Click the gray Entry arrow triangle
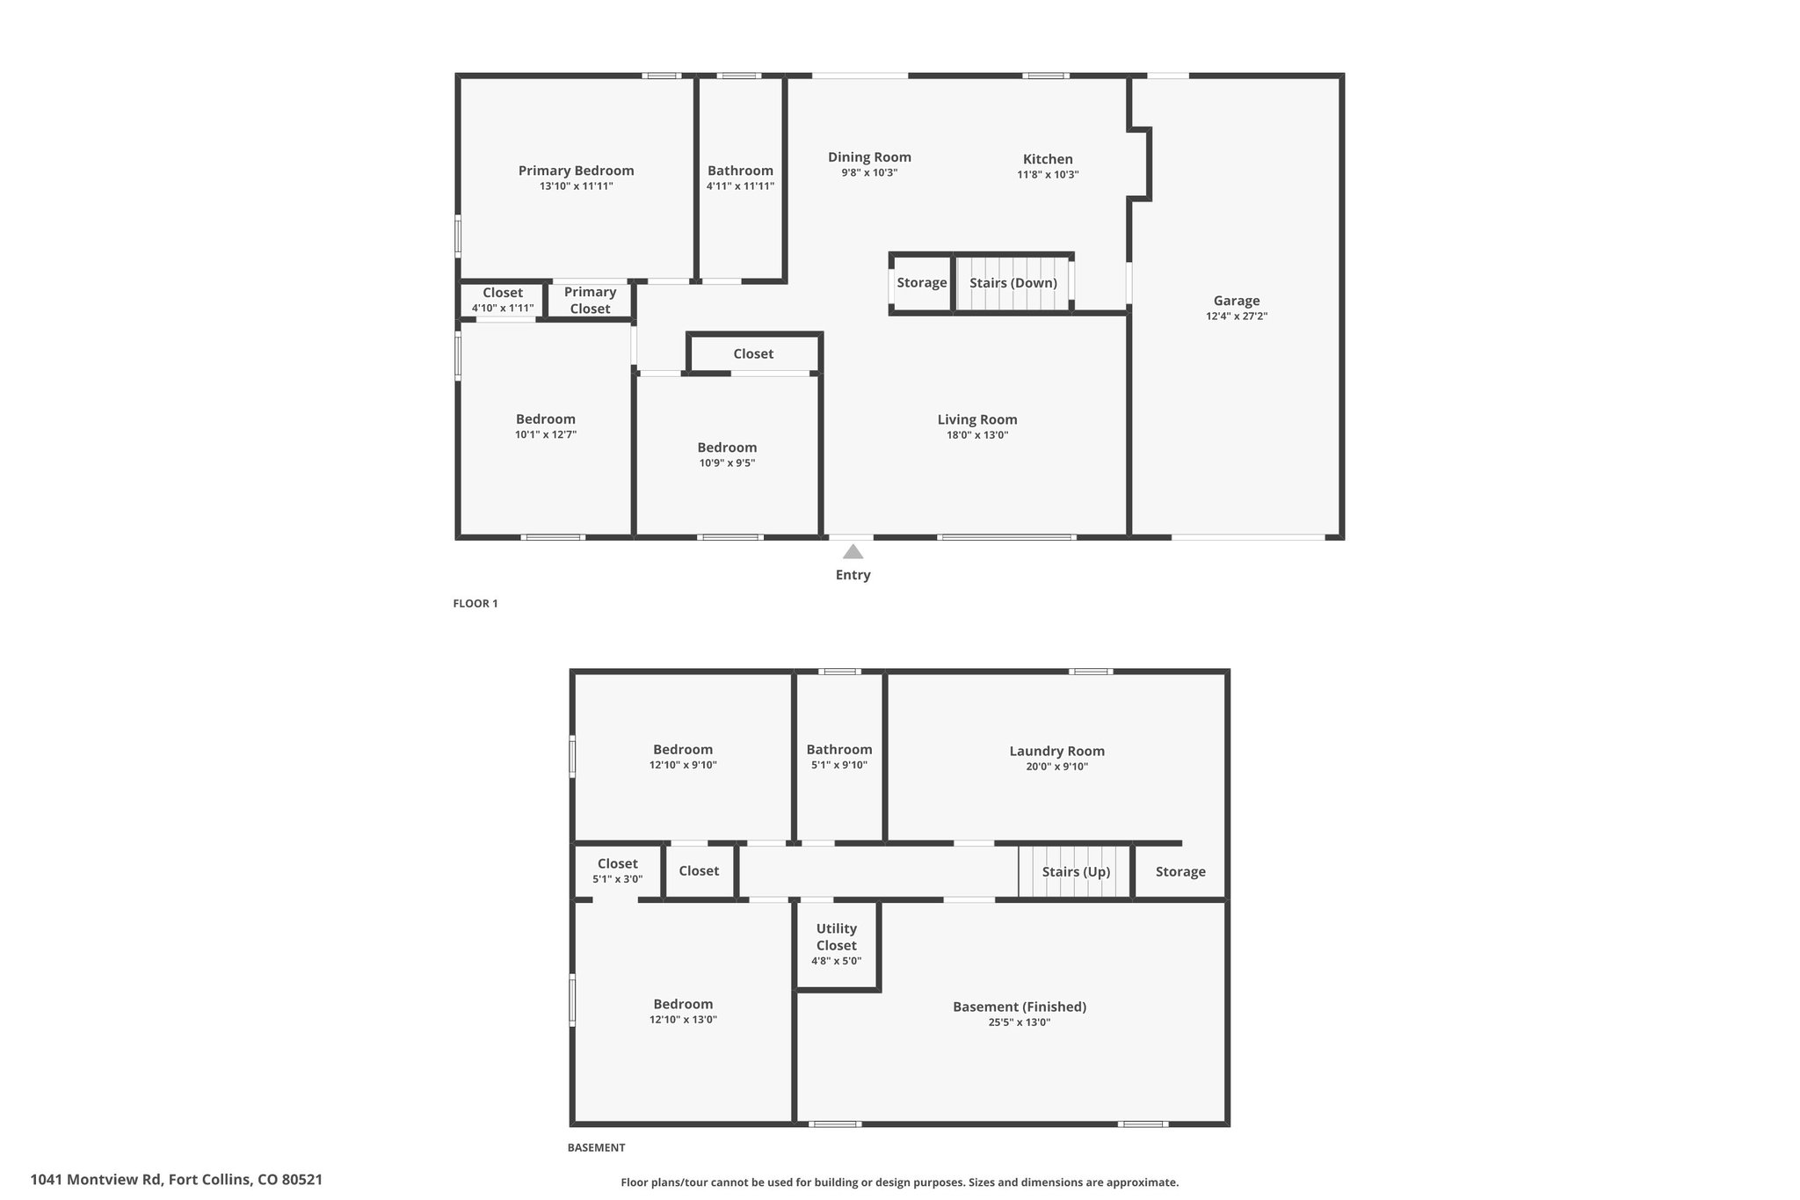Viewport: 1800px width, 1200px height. pyautogui.click(x=853, y=552)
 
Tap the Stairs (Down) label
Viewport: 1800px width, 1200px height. pyautogui.click(x=1013, y=283)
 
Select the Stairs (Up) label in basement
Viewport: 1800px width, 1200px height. pyautogui.click(x=1077, y=872)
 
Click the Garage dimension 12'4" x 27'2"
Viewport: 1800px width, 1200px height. pyautogui.click(x=1237, y=316)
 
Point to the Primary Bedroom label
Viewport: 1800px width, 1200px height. pyautogui.click(x=576, y=171)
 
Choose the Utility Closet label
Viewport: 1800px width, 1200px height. pyautogui.click(x=837, y=937)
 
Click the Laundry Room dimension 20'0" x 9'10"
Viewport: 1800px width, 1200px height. pyautogui.click(x=1057, y=767)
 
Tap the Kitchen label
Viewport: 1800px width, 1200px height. pyautogui.click(x=1048, y=159)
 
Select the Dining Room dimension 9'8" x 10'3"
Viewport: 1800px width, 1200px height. pyautogui.click(x=869, y=173)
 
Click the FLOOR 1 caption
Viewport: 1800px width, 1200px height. pyautogui.click(x=475, y=604)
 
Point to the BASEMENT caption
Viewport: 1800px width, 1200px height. pyautogui.click(x=596, y=1147)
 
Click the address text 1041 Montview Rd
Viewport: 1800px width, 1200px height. pyautogui.click(x=97, y=1180)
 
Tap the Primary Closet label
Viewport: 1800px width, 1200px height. pyautogui.click(x=590, y=301)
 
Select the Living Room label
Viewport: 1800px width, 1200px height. pyautogui.click(x=977, y=419)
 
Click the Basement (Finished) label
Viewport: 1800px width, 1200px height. pyautogui.click(x=1020, y=1007)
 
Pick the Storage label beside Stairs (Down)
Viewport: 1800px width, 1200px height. pyautogui.click(x=922, y=283)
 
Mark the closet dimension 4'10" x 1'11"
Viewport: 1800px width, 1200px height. pyautogui.click(x=503, y=309)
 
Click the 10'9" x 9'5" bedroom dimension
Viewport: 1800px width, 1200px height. pyautogui.click(x=728, y=463)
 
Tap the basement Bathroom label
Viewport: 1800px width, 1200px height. pyautogui.click(x=839, y=750)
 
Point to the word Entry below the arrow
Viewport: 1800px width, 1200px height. pyautogui.click(x=853, y=575)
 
